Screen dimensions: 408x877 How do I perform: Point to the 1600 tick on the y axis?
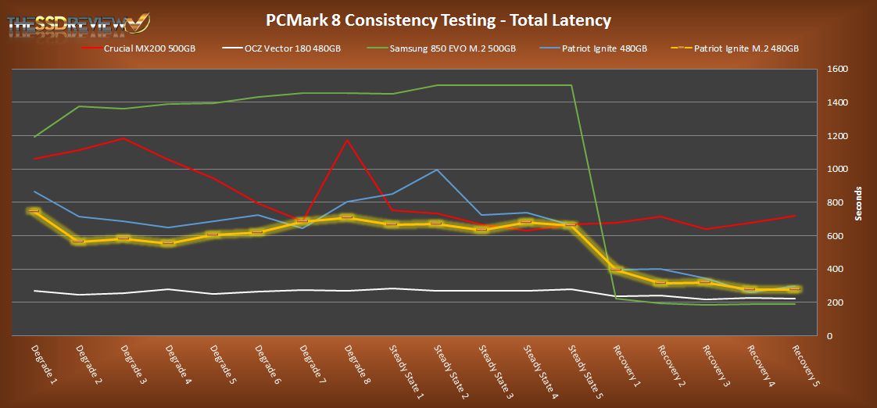(x=838, y=70)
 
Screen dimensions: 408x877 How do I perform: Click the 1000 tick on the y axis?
(x=838, y=170)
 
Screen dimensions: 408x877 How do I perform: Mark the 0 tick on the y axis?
(x=831, y=336)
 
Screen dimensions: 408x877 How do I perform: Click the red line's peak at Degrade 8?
(x=345, y=140)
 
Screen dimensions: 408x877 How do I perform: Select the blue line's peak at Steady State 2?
(x=438, y=170)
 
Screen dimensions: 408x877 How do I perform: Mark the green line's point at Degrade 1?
(x=34, y=137)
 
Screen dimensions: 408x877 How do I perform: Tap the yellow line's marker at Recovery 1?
(x=616, y=270)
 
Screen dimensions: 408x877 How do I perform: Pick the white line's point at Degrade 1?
(x=34, y=291)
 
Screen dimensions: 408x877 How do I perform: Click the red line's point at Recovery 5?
(x=795, y=216)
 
